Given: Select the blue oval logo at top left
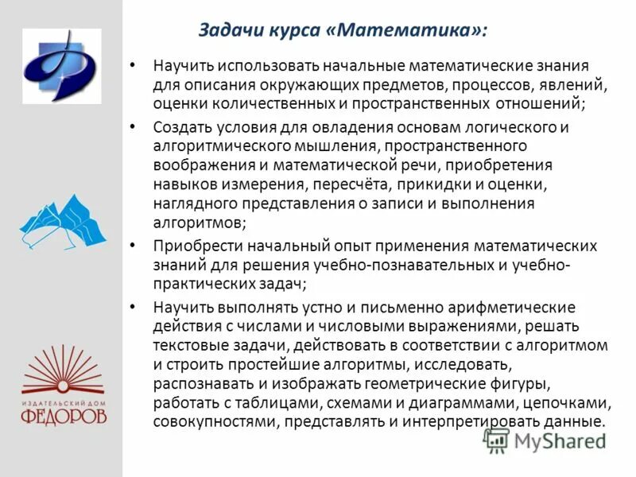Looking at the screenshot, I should [x=61, y=66].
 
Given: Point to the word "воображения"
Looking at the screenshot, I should [x=200, y=165].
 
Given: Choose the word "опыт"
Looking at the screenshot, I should [x=354, y=246].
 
